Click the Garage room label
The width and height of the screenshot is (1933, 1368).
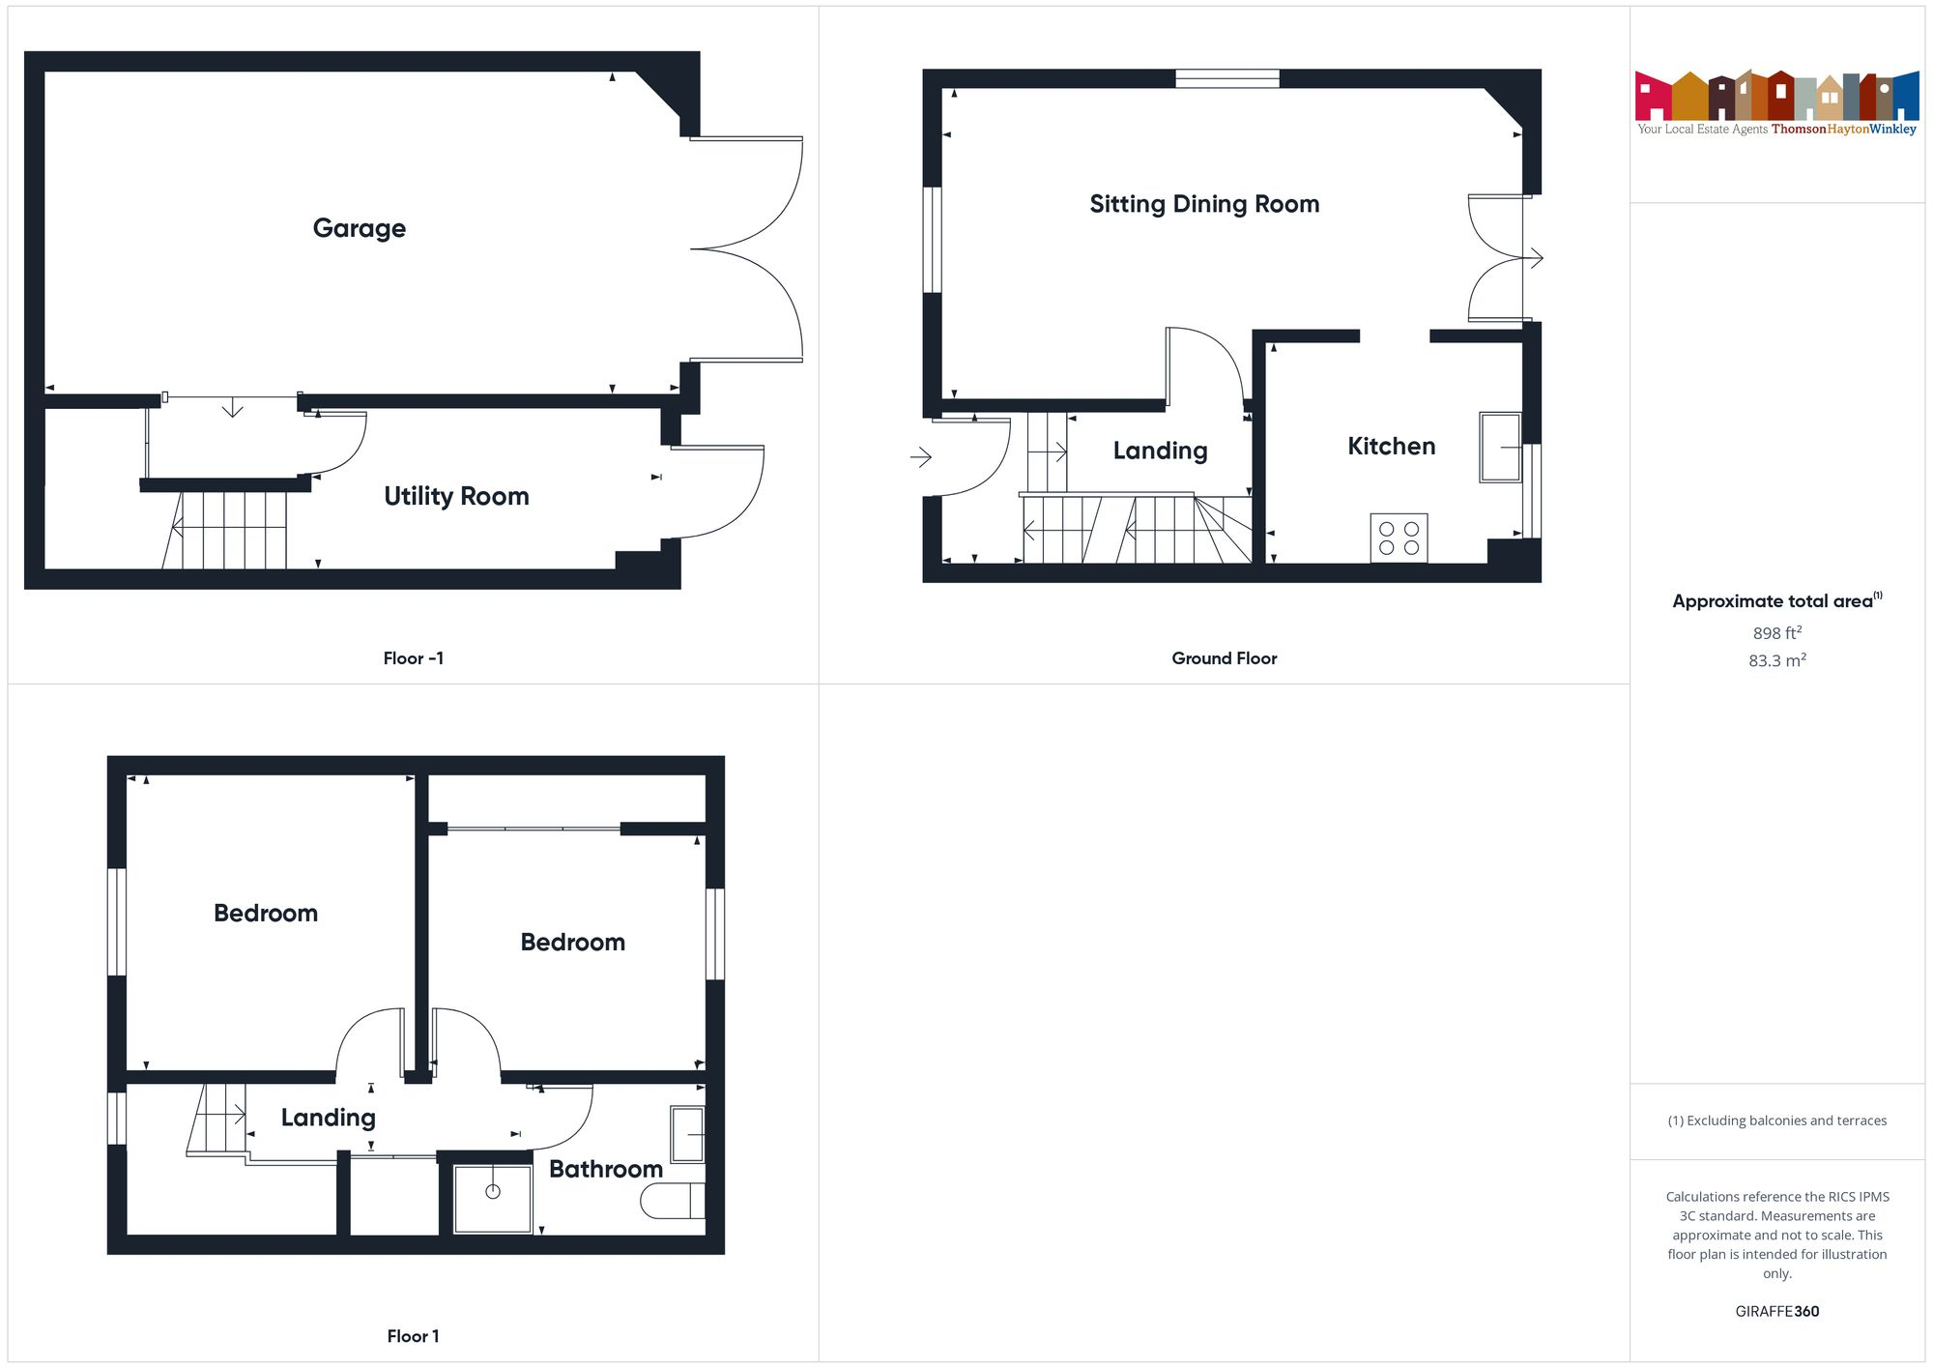pos(359,228)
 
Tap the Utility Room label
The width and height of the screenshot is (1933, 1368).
pos(456,496)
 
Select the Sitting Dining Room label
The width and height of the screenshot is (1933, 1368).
pos(1203,204)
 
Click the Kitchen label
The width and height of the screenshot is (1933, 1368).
pos(1391,446)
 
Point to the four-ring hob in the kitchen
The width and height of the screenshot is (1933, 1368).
pos(1398,538)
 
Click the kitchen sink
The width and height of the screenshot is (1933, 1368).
pos(1499,448)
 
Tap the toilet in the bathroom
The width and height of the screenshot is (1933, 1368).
pos(672,1201)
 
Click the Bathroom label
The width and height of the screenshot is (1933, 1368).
pos(605,1169)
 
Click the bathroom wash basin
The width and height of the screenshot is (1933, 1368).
pos(687,1134)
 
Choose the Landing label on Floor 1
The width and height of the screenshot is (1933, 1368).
pos(328,1117)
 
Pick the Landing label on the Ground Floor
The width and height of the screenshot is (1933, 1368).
pos(1160,451)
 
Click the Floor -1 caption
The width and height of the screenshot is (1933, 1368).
pos(413,658)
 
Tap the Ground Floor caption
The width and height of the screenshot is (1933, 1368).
pos(1224,658)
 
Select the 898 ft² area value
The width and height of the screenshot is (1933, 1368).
pos(1776,633)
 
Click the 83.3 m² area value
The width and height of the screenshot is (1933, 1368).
pos(1776,660)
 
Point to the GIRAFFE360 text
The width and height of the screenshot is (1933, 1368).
pos(1776,1311)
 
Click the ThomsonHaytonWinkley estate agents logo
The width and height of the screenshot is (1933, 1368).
pos(1776,102)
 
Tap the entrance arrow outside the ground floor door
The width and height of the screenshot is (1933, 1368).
pos(921,456)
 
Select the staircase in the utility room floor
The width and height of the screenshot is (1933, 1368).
pos(227,530)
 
